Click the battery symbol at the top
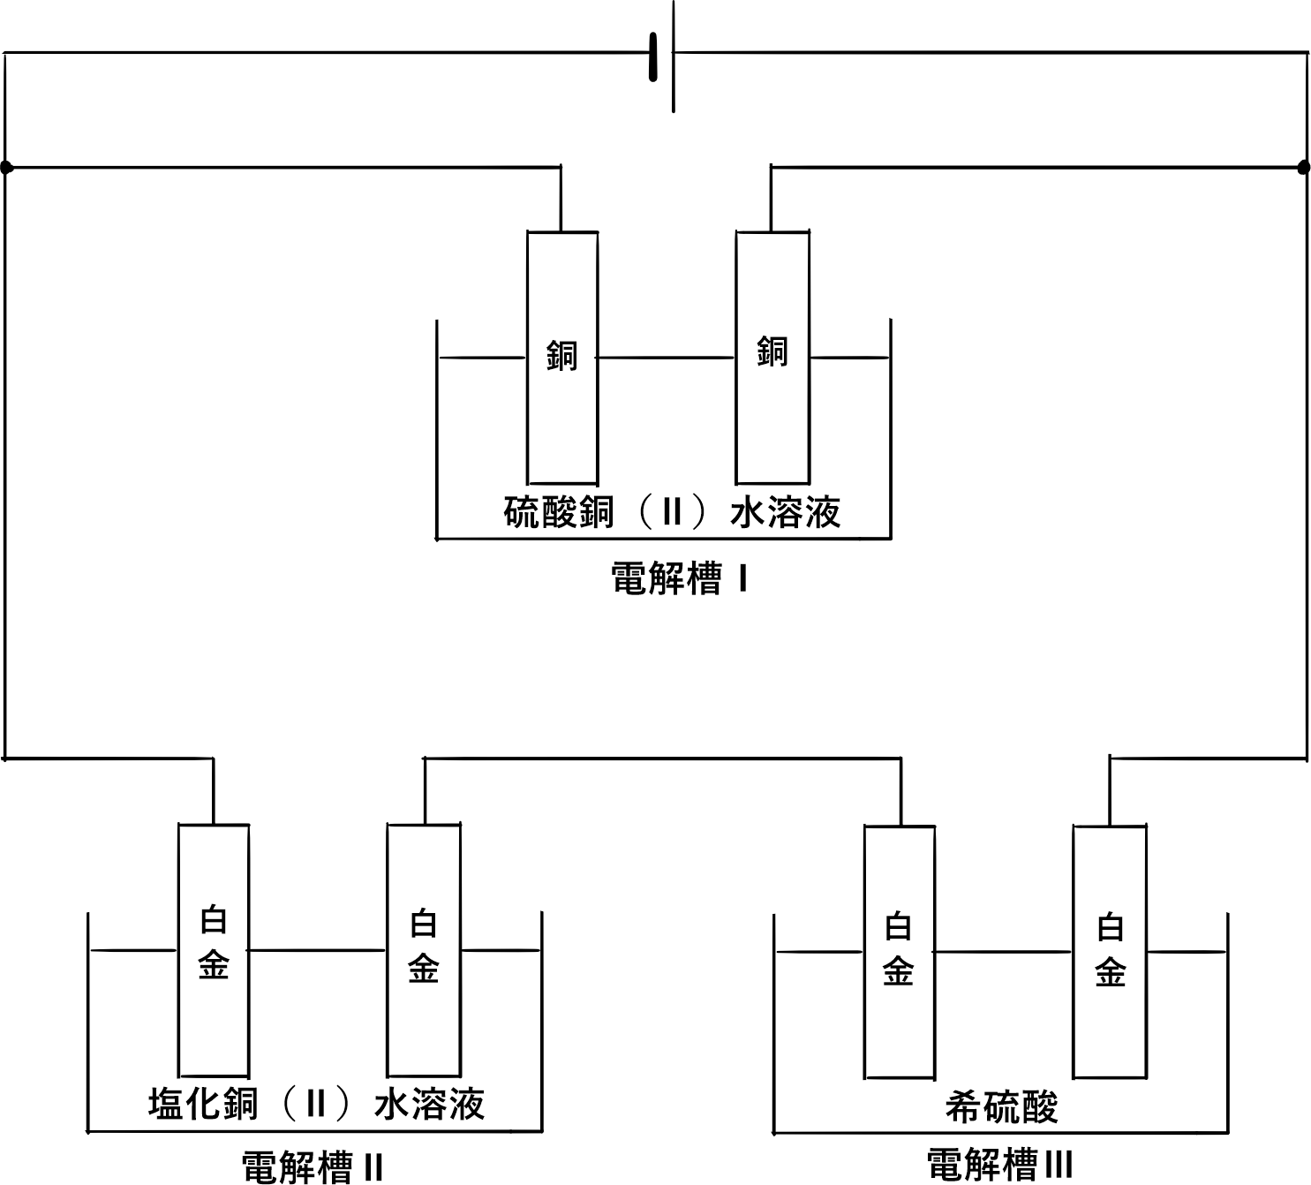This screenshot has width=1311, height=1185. click(664, 55)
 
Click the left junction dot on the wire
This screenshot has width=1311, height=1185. click(7, 167)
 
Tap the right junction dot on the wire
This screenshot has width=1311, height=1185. click(1304, 167)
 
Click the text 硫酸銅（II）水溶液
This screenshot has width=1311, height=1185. click(672, 512)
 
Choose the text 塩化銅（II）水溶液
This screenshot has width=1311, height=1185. click(316, 1104)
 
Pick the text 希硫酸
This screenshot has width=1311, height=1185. click(1001, 1106)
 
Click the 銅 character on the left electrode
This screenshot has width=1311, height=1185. click(562, 356)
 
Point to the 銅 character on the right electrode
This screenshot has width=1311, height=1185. click(772, 352)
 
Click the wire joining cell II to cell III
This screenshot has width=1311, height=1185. click(662, 758)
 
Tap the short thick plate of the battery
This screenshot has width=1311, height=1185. click(654, 57)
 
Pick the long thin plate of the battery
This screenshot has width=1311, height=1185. click(674, 55)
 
